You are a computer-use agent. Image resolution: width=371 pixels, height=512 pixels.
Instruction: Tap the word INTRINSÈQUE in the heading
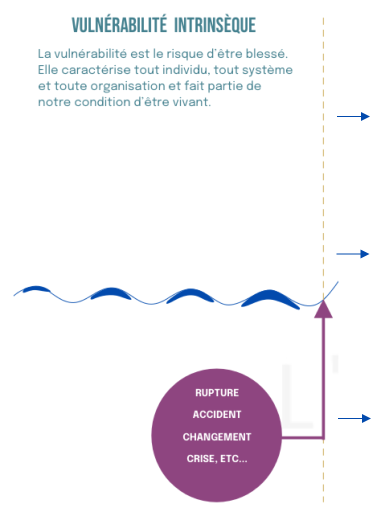click(x=215, y=25)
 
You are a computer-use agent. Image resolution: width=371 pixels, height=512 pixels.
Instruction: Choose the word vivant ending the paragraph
click(x=194, y=102)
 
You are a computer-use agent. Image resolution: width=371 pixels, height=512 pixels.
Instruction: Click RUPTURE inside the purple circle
click(x=217, y=393)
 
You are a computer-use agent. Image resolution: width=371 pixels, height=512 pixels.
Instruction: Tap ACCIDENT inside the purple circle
click(x=217, y=415)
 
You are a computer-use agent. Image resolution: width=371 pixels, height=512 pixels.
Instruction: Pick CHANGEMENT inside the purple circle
click(x=217, y=437)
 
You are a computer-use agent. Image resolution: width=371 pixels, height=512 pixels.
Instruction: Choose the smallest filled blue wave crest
click(x=36, y=289)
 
